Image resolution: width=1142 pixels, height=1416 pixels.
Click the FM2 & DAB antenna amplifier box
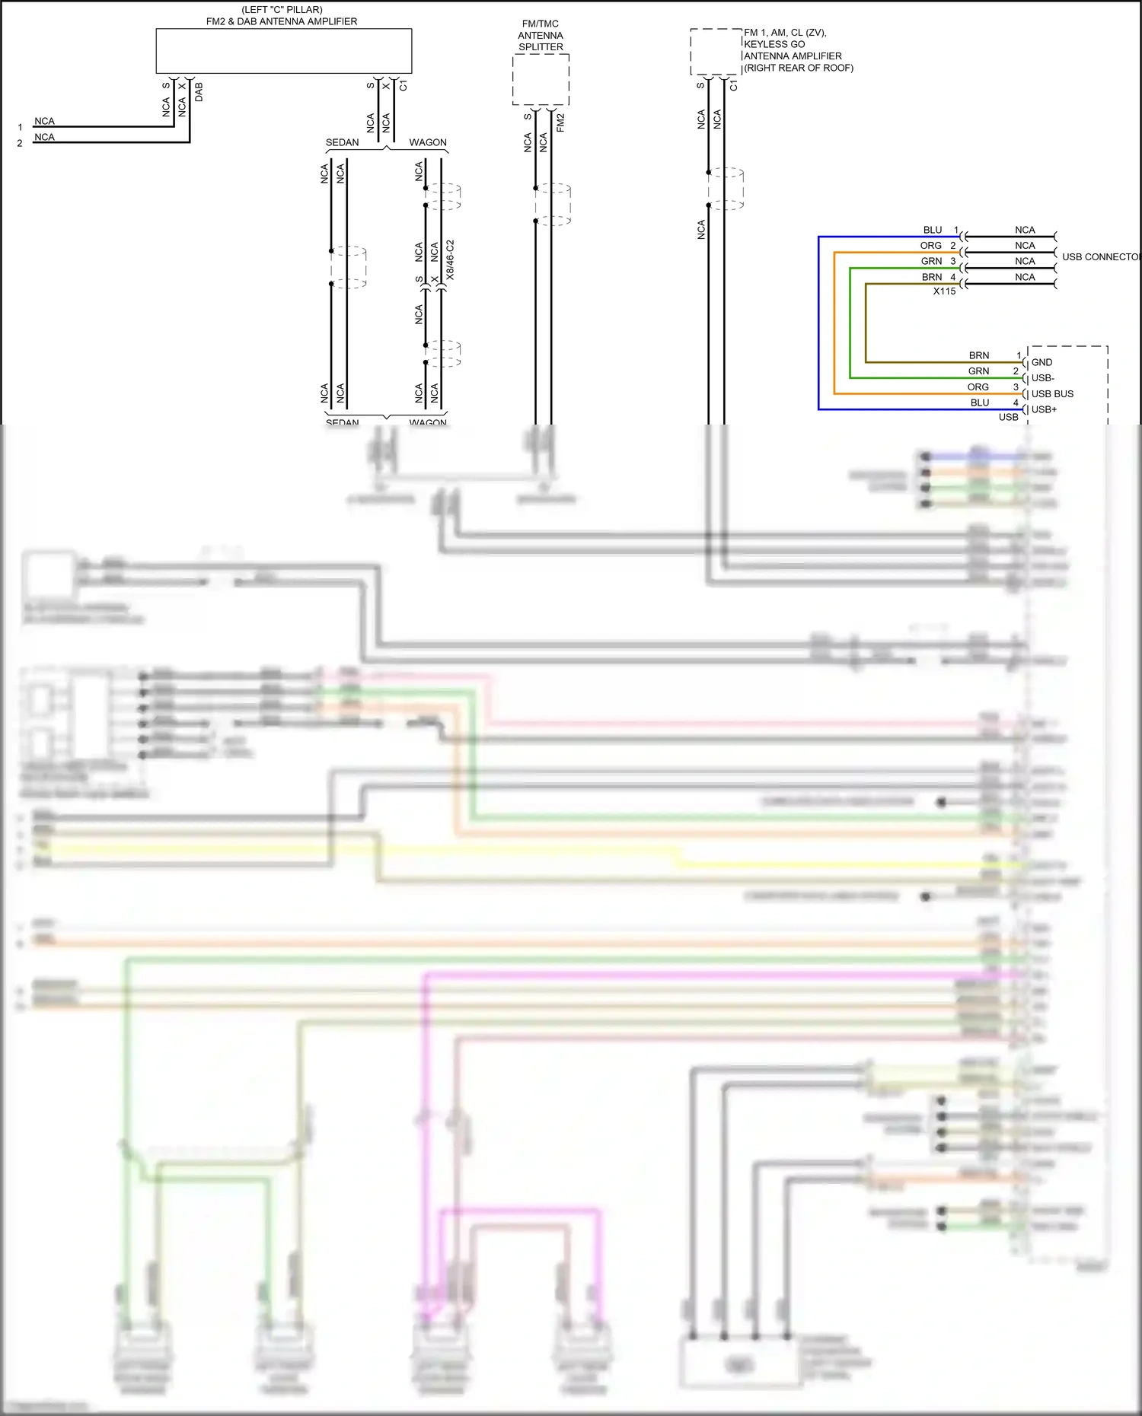(x=283, y=51)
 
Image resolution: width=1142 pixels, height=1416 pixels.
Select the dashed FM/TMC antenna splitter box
(x=541, y=79)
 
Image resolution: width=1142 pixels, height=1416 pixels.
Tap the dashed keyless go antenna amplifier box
(x=716, y=52)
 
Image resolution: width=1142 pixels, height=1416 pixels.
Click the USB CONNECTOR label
(x=1101, y=257)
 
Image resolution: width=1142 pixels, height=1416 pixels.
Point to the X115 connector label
(x=944, y=291)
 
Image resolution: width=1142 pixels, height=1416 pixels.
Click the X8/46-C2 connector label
(x=450, y=260)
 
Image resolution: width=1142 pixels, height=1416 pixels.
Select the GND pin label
(x=1042, y=363)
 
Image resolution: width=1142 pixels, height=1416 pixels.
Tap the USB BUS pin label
(x=1052, y=394)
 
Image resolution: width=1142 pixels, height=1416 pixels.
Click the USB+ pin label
(x=1044, y=409)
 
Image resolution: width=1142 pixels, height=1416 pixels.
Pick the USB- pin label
(x=1042, y=378)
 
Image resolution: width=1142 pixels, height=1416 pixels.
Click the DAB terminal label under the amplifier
(x=199, y=92)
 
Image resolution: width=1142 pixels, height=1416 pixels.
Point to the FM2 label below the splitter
(x=560, y=123)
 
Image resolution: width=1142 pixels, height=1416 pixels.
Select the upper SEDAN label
(x=342, y=142)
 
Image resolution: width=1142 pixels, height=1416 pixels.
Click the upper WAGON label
(x=428, y=142)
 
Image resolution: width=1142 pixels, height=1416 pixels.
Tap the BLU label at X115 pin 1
(x=933, y=230)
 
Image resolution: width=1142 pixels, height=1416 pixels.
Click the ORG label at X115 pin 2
(x=930, y=246)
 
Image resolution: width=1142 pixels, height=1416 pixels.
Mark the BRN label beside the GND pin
(x=978, y=355)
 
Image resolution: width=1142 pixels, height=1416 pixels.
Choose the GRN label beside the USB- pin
(x=978, y=371)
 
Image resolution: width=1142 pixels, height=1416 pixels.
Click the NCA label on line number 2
(x=44, y=137)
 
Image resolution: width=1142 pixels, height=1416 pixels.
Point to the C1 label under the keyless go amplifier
(x=733, y=86)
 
